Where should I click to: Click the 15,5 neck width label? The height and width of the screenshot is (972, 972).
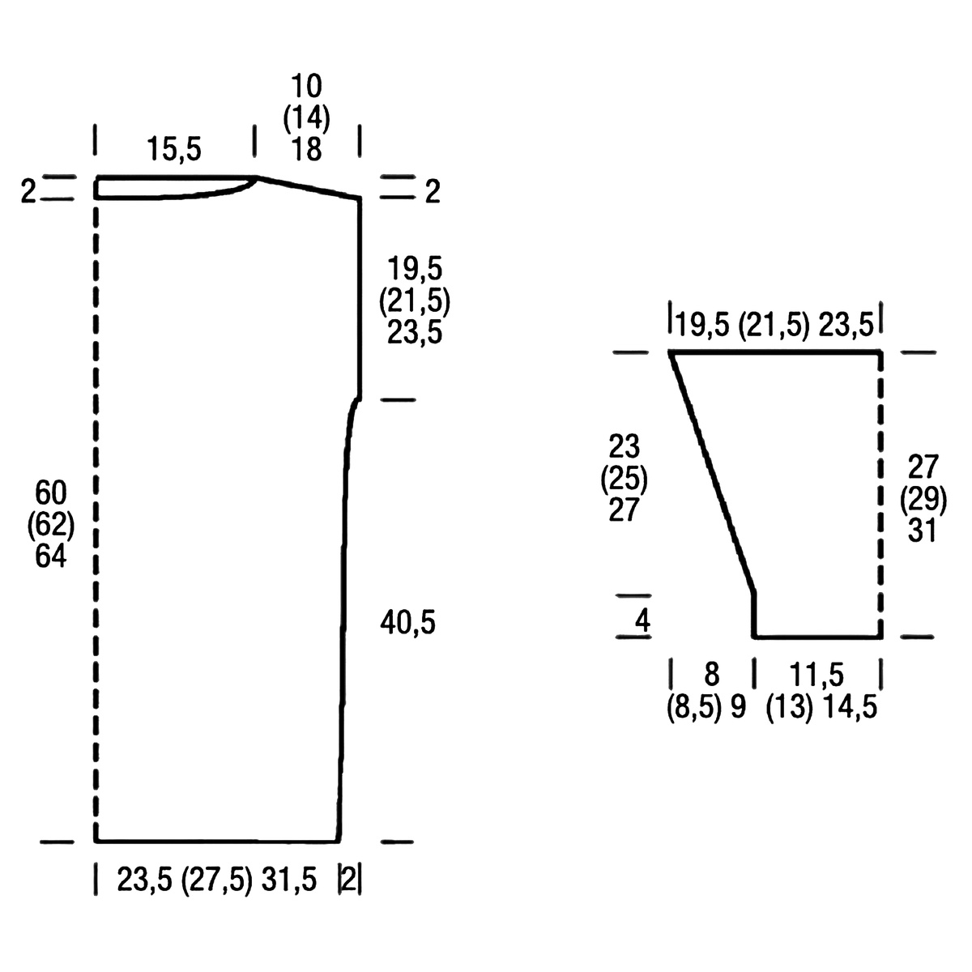174,150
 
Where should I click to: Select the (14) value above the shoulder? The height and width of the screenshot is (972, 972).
307,118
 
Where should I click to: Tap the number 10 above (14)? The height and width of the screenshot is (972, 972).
307,86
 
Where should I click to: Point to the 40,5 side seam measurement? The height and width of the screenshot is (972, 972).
407,622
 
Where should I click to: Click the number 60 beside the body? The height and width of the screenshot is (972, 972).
51,492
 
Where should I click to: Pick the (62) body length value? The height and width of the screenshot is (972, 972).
51,524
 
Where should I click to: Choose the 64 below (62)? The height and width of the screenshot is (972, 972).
51,556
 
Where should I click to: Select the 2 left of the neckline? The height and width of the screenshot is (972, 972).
28,192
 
